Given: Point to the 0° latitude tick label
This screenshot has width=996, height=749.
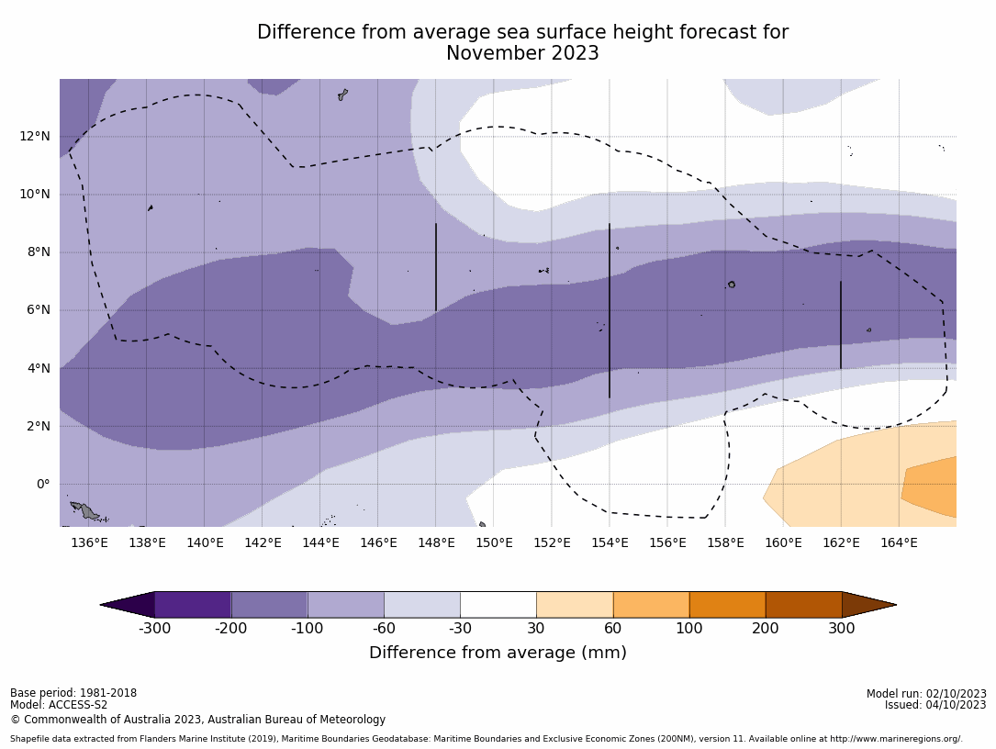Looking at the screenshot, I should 43,485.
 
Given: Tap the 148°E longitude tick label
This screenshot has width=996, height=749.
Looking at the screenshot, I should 436,543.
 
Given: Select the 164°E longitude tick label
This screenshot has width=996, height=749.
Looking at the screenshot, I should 899,543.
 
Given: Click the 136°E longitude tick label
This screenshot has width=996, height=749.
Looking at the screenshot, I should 89,543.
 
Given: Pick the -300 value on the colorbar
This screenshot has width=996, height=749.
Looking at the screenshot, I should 154,629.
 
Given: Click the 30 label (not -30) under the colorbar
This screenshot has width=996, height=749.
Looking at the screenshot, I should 536,629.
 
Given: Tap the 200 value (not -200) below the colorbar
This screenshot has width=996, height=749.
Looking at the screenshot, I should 766,629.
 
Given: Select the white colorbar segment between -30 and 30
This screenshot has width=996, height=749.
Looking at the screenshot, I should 498,605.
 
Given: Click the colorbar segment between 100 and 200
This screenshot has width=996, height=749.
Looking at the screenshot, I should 727,605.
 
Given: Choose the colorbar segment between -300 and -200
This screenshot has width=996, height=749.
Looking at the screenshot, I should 193,605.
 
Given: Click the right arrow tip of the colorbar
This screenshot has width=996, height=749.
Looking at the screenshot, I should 894,605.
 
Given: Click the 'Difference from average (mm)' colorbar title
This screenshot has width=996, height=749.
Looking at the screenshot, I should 498,654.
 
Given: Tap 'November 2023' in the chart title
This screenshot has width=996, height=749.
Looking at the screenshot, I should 522,54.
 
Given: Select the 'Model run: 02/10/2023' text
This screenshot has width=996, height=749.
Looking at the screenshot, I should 926,694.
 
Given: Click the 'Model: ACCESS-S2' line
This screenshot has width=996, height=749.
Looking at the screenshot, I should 59,706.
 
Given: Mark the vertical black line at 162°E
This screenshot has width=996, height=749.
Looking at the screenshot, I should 841,325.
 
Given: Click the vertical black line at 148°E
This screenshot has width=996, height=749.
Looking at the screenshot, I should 436,267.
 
